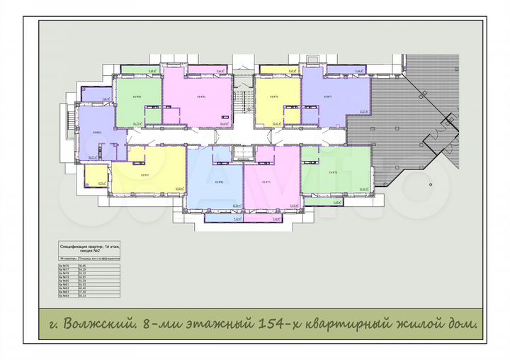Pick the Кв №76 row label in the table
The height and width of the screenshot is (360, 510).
[67, 266]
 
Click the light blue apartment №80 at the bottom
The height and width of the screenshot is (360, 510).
[217, 181]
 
